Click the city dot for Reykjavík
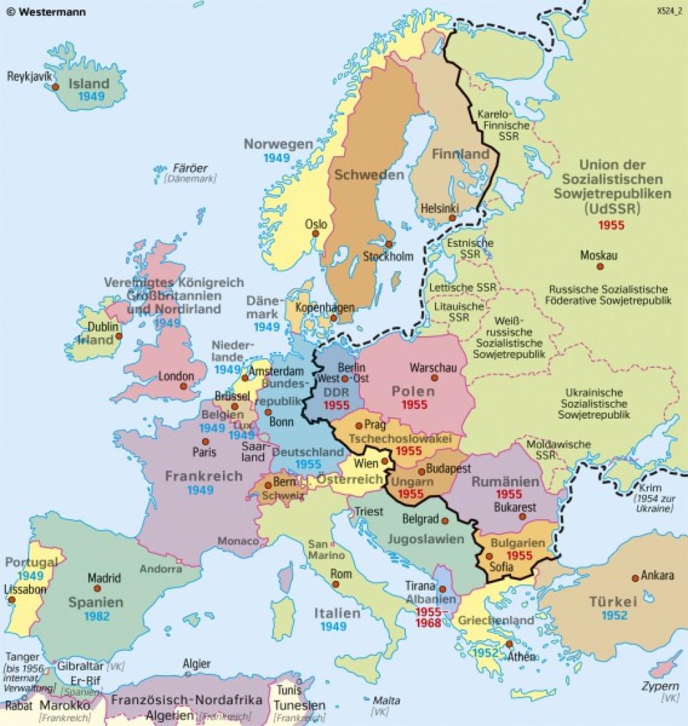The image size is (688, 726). click(56, 88)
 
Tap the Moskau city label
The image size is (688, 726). click(599, 255)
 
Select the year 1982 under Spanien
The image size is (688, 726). click(97, 616)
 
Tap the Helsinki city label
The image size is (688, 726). click(437, 207)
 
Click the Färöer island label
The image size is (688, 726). click(190, 168)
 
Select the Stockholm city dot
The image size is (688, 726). click(389, 244)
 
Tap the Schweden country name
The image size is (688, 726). click(369, 175)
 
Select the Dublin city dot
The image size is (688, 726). click(118, 336)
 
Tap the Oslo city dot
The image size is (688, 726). click(316, 233)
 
